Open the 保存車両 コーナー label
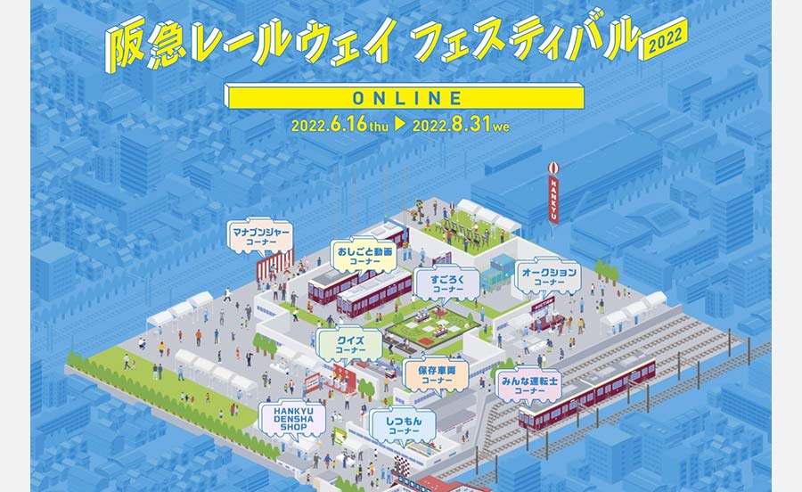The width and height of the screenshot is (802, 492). click(435, 373)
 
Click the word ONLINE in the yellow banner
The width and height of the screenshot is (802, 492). click(406, 96)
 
